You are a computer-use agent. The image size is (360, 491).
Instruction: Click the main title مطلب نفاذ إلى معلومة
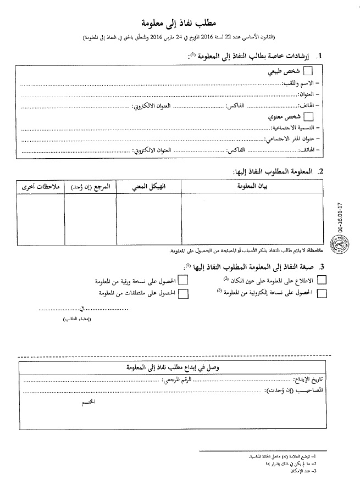[180, 23]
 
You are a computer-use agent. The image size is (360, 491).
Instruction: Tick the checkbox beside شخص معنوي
[308, 116]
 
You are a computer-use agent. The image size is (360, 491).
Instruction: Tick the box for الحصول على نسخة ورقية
[183, 280]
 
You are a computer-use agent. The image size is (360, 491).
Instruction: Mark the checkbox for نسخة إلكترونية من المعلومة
[322, 293]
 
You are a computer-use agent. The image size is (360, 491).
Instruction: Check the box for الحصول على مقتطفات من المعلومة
[183, 293]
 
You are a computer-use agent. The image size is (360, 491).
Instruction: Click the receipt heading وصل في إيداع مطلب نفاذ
[180, 367]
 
